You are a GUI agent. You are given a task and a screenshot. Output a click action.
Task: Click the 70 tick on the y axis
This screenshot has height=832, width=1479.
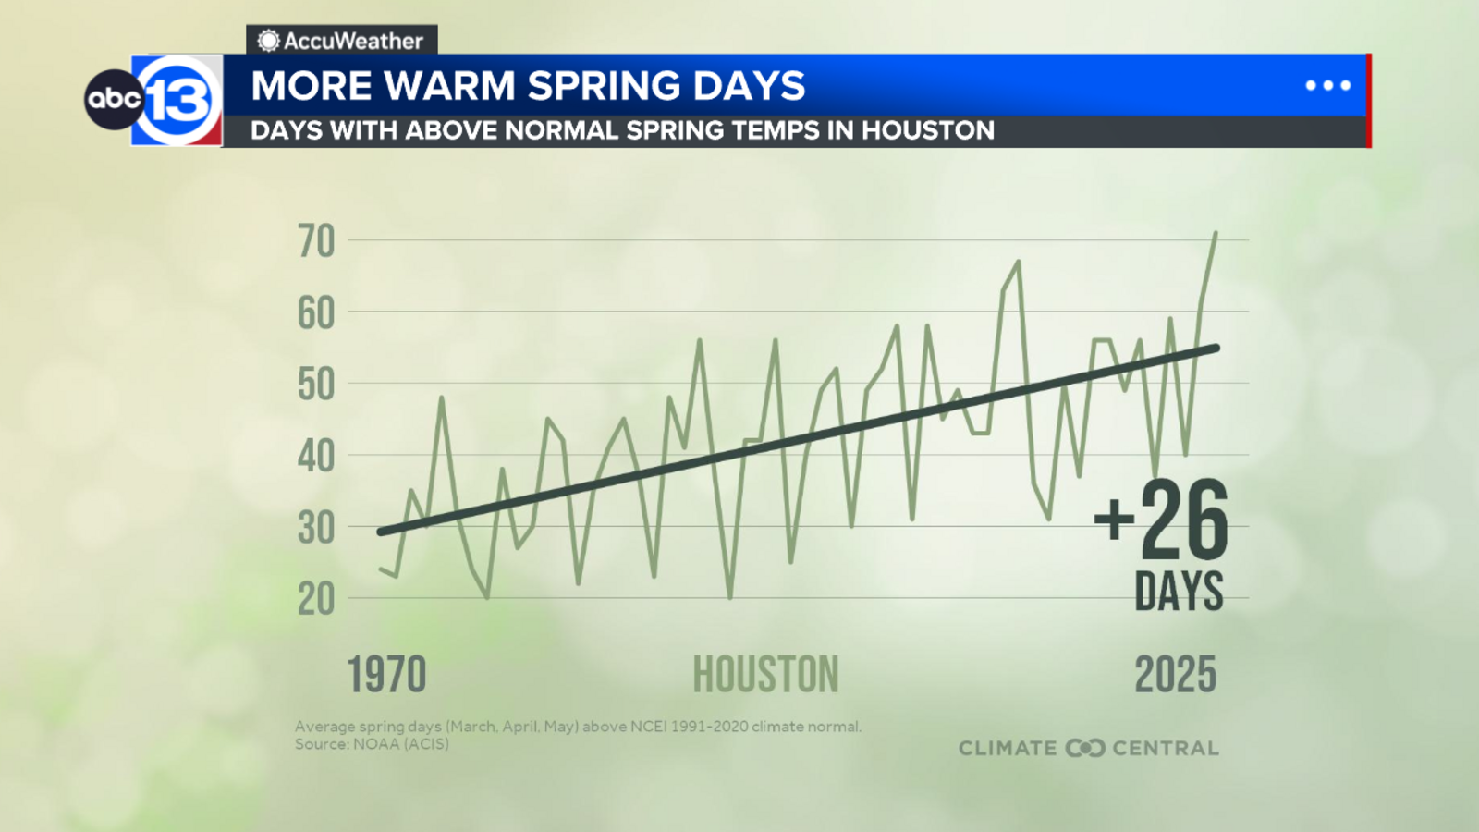316,241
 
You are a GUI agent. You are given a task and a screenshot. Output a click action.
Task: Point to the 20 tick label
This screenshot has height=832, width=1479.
316,600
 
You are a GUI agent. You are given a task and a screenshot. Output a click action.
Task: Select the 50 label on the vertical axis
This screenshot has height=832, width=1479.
316,385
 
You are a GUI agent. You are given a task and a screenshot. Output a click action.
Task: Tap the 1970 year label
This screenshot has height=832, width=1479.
386,675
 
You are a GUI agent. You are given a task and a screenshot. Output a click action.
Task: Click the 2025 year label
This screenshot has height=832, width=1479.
1175,675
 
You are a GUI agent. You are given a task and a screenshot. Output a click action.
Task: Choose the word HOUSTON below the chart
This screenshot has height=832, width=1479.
765,675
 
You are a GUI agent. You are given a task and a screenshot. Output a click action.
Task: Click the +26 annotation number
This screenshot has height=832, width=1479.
1161,520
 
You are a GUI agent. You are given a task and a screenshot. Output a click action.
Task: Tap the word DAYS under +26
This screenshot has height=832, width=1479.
1179,591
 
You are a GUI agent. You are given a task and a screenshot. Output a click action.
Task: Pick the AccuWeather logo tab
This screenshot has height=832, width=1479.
341,41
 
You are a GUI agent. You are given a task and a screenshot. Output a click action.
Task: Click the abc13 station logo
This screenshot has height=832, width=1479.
155,100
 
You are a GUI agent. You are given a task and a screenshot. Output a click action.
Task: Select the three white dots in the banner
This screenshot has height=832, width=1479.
1327,85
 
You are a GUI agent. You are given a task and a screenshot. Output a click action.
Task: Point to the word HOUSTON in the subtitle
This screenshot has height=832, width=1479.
927,130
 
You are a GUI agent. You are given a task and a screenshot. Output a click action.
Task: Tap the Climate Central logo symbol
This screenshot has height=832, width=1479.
1084,748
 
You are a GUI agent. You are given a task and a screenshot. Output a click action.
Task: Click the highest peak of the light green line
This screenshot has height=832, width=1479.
1216,233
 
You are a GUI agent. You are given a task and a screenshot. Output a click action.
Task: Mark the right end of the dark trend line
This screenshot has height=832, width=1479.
1216,348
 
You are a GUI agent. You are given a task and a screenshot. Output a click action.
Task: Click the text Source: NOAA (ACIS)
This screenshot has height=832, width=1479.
372,743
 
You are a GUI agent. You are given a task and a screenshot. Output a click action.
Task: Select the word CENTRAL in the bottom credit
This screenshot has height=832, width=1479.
1165,748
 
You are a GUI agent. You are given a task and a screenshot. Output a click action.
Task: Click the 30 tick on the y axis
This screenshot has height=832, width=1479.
316,529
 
